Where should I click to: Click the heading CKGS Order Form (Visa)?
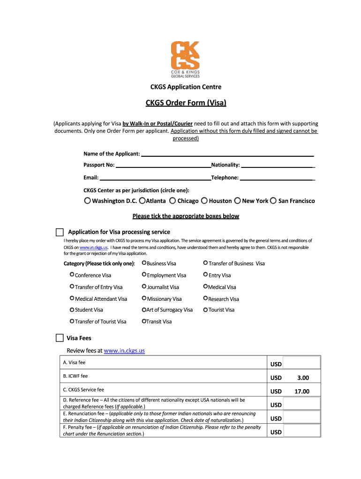click(186, 103)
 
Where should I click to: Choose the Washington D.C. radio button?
click(88, 201)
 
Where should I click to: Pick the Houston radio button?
click(204, 201)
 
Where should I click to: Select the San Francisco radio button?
click(273, 201)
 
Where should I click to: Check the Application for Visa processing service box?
click(60, 232)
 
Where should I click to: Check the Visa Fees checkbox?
click(60, 338)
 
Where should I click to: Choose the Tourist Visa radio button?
click(205, 310)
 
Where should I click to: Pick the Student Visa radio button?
click(72, 310)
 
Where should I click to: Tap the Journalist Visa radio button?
click(144, 287)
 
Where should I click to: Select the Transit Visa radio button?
click(144, 321)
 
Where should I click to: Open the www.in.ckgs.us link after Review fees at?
click(124, 351)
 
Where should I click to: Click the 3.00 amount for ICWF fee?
click(302, 378)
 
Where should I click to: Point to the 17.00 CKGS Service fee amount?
click(302, 392)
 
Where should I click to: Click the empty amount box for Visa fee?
click(301, 364)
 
